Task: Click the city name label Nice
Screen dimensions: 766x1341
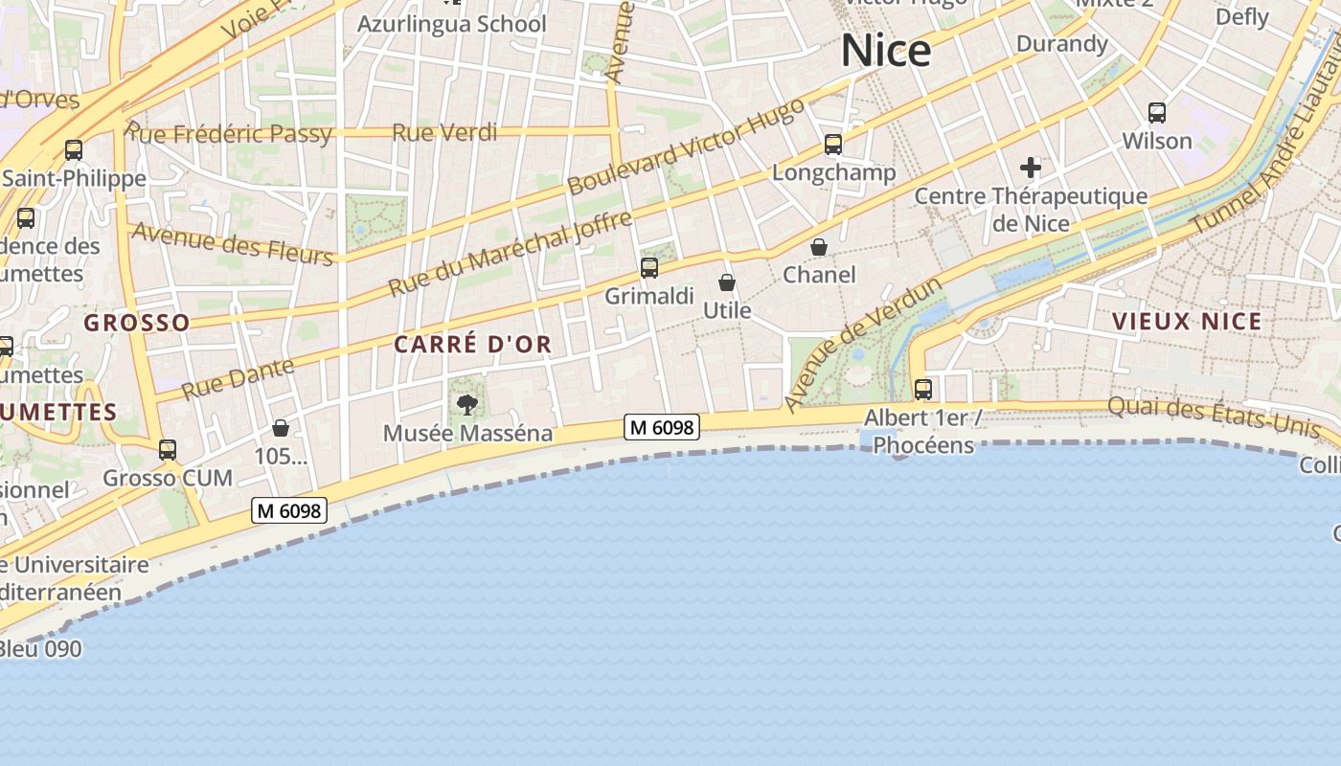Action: (x=886, y=51)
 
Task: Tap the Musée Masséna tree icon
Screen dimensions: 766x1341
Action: (x=467, y=404)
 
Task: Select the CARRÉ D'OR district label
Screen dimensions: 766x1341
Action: (x=473, y=345)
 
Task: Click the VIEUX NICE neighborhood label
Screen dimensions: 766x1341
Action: (x=1187, y=322)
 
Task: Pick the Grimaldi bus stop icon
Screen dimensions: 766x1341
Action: (x=649, y=268)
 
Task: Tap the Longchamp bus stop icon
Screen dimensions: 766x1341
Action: (x=833, y=145)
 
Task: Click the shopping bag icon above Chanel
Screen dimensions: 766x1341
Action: (x=819, y=247)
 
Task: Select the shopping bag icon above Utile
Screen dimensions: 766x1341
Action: (x=727, y=282)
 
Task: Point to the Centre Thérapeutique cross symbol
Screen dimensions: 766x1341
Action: (x=1031, y=169)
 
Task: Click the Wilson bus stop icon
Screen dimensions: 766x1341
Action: (x=1157, y=113)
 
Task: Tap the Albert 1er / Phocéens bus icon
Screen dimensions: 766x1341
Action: (x=923, y=390)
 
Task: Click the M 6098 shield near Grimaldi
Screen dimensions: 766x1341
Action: (x=662, y=428)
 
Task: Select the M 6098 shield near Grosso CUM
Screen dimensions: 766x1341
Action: (x=289, y=510)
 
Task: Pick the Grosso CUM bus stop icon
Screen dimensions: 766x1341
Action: (x=168, y=449)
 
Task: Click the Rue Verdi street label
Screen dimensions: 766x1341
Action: (x=444, y=132)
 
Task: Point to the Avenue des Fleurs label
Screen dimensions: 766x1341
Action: (x=233, y=243)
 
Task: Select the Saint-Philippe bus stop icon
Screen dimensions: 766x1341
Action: (x=74, y=150)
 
